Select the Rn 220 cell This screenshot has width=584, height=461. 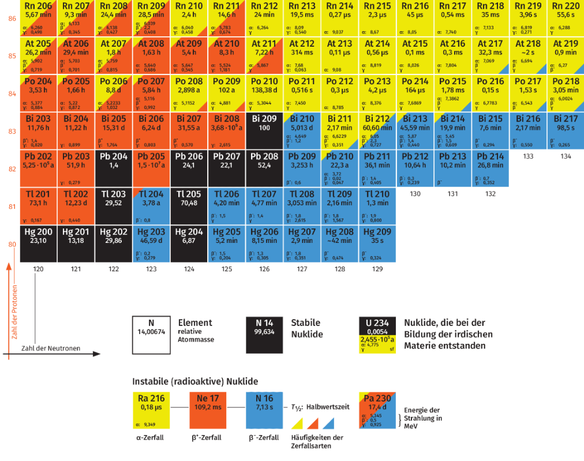tap(566, 17)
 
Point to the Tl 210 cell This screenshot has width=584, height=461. tap(377, 205)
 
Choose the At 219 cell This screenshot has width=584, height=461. tap(566, 55)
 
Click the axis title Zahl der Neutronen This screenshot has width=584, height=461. tap(51, 348)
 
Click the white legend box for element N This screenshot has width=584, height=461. tap(151, 335)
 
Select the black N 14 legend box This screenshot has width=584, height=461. tap(264, 335)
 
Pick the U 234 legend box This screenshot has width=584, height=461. tap(378, 335)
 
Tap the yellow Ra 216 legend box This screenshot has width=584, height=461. tap(151, 410)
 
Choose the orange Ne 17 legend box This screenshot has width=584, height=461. tap(208, 410)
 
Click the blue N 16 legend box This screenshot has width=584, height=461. tap(264, 410)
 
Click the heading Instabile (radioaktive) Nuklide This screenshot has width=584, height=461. tap(195, 381)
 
